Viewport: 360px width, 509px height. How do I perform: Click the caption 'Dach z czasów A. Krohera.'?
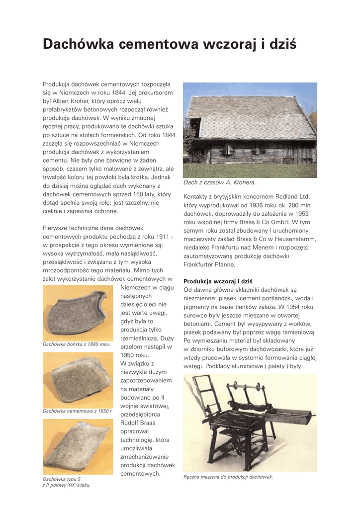(220, 182)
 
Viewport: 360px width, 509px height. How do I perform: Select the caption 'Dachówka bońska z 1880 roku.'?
(77, 344)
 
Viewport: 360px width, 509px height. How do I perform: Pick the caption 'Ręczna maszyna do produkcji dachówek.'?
(228, 477)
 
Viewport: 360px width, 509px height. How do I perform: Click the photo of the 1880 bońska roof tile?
(78, 312)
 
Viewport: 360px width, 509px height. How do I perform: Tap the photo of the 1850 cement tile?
(78, 380)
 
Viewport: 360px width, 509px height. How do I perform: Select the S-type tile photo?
(78, 446)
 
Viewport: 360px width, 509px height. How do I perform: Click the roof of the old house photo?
(249, 117)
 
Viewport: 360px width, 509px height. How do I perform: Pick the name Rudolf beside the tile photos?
(130, 423)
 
